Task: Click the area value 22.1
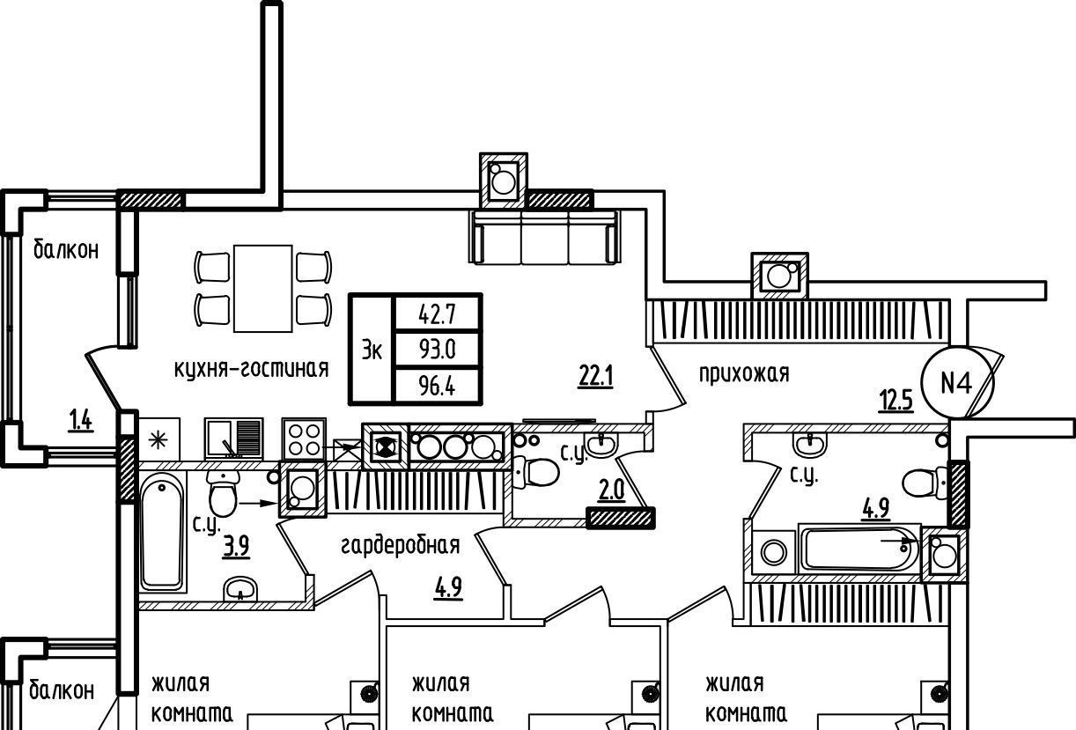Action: pyautogui.click(x=595, y=378)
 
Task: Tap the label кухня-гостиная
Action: pyautogui.click(x=252, y=369)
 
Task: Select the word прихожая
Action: pyautogui.click(x=744, y=373)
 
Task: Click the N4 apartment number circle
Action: pyautogui.click(x=956, y=383)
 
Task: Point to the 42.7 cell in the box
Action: pyautogui.click(x=437, y=313)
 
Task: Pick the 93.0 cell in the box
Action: pyautogui.click(x=437, y=350)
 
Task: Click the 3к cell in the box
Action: pyautogui.click(x=372, y=350)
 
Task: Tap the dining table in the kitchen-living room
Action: pyautogui.click(x=263, y=288)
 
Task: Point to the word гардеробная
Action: pyautogui.click(x=401, y=546)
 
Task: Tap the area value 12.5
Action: pyautogui.click(x=895, y=402)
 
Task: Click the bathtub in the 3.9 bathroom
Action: pyautogui.click(x=163, y=532)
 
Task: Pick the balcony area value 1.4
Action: pyautogui.click(x=81, y=421)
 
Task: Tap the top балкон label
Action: pyautogui.click(x=66, y=250)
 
